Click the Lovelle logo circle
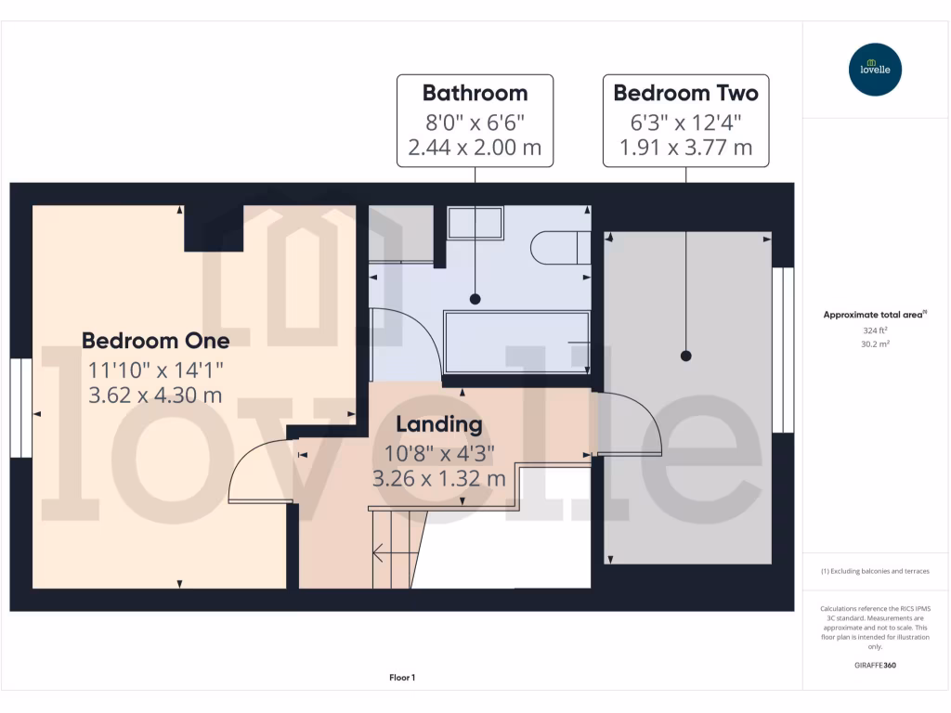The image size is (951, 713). click(875, 70)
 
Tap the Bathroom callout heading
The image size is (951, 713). click(475, 93)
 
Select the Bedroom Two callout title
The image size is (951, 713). click(685, 93)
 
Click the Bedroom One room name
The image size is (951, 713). click(155, 340)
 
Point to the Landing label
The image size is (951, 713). click(439, 425)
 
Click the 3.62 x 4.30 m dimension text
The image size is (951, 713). click(155, 395)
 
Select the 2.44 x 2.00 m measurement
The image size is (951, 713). click(475, 148)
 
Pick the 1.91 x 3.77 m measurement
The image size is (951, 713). click(685, 148)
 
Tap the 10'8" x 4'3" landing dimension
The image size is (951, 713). click(439, 453)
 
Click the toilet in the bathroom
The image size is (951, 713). click(560, 248)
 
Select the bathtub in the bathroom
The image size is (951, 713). click(516, 343)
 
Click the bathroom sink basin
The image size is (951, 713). click(475, 224)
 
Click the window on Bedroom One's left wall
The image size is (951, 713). click(20, 408)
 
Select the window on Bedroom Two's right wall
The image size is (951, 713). click(784, 350)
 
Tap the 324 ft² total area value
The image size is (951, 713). click(873, 330)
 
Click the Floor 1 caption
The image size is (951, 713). click(402, 678)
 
